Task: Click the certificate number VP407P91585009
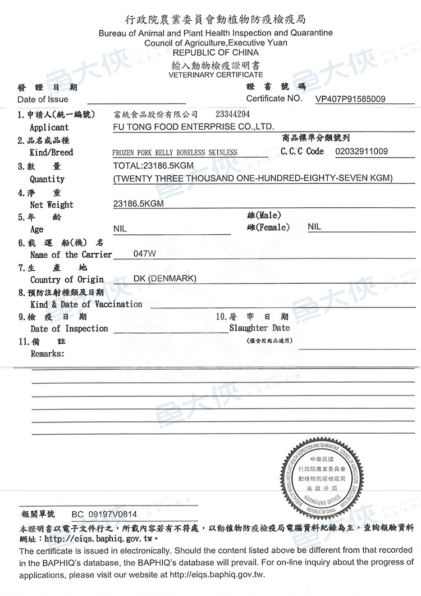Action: [350, 99]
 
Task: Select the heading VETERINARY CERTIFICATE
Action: [216, 75]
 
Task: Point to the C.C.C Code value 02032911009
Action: [361, 152]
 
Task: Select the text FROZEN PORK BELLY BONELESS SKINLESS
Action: [175, 152]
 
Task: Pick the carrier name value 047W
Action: [145, 254]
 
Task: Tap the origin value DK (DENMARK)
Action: [164, 279]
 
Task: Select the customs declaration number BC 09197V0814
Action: [104, 514]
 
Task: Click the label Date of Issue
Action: [43, 99]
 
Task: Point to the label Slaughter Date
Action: [259, 328]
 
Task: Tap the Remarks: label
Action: [47, 354]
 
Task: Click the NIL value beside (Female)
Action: [314, 227]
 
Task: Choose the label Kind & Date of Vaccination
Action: [86, 304]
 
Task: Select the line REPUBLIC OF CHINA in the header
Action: [216, 52]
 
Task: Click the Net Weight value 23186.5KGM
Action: [139, 204]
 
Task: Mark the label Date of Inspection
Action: [69, 329]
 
